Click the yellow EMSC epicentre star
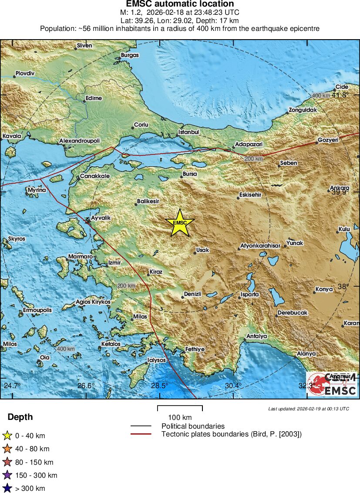tap(180, 223)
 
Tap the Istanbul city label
tap(189, 132)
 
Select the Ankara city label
tap(340, 188)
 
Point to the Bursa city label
tap(189, 174)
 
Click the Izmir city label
tap(114, 263)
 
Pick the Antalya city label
tap(256, 336)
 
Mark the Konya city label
tap(324, 289)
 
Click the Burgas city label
tap(130, 55)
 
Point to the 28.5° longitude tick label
tap(160, 386)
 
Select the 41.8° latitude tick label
tap(340, 95)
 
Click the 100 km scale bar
tap(180, 408)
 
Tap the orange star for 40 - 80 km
tap(7, 449)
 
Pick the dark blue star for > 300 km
tap(7, 488)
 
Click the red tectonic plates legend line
tap(141, 434)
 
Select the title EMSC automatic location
tap(180, 4)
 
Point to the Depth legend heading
tap(20, 417)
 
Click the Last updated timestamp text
tap(308, 409)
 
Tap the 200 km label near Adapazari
tap(253, 159)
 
